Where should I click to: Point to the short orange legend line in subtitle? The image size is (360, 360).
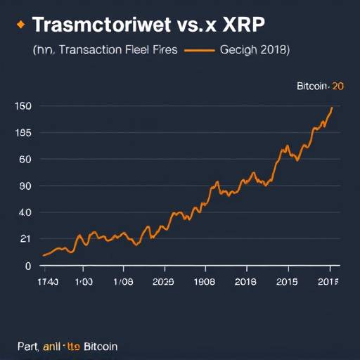201,51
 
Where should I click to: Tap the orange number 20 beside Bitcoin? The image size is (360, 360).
337,86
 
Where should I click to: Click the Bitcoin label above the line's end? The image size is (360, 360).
313,86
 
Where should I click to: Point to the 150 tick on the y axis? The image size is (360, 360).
24,106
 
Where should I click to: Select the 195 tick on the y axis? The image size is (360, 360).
24,133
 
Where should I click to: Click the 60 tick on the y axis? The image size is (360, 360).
25,160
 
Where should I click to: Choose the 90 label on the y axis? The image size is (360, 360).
25,186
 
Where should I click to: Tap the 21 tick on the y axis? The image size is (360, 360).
25,239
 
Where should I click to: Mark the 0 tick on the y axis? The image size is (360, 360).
28,266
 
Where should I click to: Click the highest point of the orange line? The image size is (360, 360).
331,108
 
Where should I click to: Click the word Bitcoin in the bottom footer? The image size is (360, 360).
101,347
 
